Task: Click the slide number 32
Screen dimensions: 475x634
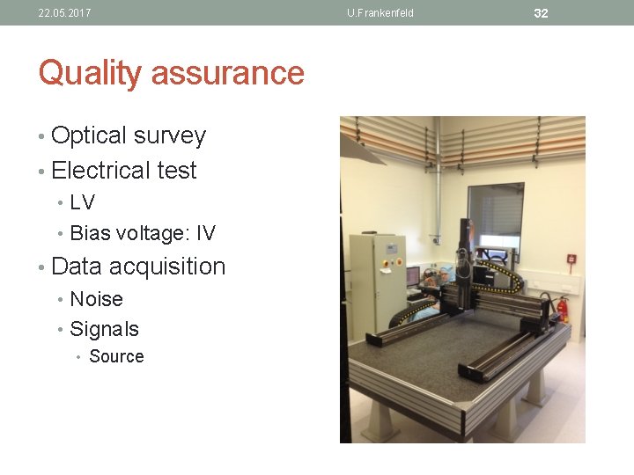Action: click(x=541, y=13)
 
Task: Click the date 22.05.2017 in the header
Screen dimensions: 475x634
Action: click(x=64, y=13)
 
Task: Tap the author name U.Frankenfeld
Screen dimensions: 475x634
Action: click(x=380, y=13)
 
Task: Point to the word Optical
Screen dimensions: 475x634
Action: click(x=89, y=135)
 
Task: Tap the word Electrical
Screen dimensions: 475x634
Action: click(x=100, y=170)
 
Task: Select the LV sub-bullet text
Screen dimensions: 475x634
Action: click(x=82, y=202)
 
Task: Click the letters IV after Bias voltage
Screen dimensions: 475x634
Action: click(x=205, y=233)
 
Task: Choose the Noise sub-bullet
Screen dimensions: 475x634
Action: click(x=96, y=299)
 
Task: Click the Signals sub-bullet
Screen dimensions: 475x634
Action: click(x=104, y=329)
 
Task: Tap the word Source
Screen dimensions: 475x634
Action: click(x=116, y=356)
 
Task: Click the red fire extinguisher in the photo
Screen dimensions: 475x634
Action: click(x=563, y=308)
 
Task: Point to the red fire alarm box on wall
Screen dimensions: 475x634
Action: click(x=571, y=259)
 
